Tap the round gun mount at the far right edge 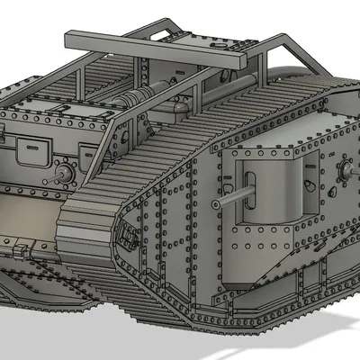[x=345, y=168]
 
